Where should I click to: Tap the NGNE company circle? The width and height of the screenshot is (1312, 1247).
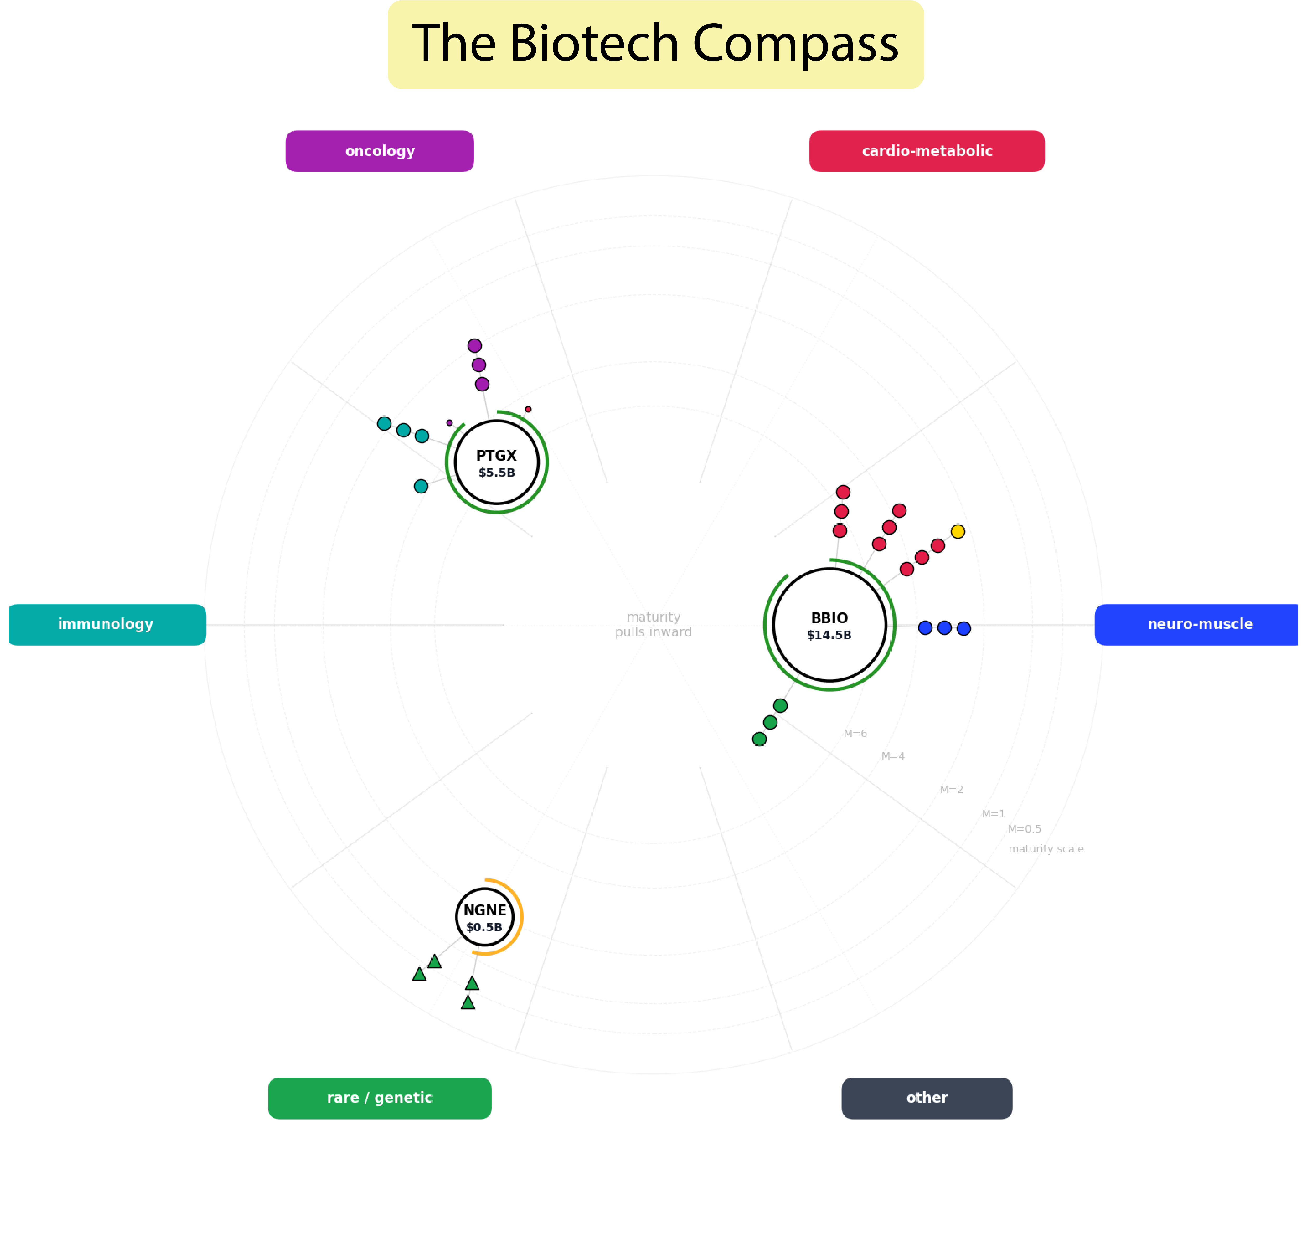tap(485, 904)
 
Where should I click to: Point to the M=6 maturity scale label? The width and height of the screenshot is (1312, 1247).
tap(855, 734)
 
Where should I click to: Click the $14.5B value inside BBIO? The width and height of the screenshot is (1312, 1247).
tap(829, 635)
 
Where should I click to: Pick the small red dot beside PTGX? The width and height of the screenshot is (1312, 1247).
tap(528, 409)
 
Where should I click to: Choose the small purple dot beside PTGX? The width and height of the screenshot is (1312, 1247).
tap(450, 423)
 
